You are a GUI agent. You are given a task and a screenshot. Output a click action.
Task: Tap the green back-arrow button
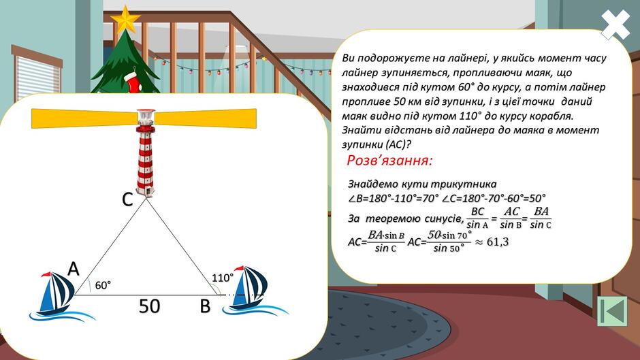(x=612, y=311)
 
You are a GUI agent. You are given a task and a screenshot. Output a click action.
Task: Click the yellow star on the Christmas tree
(x=125, y=19)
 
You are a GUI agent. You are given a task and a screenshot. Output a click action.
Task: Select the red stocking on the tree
(x=132, y=82)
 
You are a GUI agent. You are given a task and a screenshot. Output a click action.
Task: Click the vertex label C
(x=127, y=200)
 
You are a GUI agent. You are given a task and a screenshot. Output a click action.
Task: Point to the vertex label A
(x=73, y=269)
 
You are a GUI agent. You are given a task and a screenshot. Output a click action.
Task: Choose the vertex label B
(x=206, y=306)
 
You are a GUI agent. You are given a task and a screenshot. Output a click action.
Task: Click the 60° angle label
(x=103, y=285)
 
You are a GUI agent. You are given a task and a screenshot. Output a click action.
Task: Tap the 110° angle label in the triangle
(x=223, y=278)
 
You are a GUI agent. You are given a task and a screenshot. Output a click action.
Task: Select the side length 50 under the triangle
(x=149, y=306)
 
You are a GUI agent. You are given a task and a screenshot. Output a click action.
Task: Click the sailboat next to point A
(x=58, y=295)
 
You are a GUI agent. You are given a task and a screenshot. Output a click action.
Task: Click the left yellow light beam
(x=84, y=118)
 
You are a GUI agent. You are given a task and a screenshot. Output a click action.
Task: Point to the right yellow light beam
(x=206, y=118)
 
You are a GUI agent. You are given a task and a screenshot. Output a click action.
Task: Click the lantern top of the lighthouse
(x=146, y=117)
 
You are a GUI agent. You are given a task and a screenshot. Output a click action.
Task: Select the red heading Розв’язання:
(x=389, y=161)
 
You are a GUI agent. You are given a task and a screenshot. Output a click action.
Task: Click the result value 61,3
(x=498, y=242)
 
